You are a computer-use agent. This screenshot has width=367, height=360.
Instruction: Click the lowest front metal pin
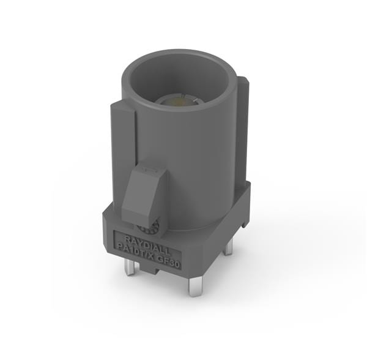pyautogui.click(x=195, y=284)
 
